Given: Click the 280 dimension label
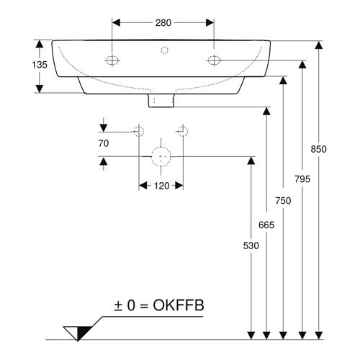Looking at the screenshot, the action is (x=163, y=23).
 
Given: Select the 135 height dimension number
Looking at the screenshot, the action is (x=40, y=65).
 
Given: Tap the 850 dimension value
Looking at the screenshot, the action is (x=318, y=149).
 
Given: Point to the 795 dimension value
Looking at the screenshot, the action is (x=302, y=179).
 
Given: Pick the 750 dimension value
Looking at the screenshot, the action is (x=283, y=200).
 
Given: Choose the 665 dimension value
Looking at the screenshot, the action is (x=266, y=225).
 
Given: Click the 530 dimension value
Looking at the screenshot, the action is (x=251, y=246).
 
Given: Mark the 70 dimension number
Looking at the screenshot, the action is (x=104, y=143).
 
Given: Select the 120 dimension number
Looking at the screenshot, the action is (x=161, y=186).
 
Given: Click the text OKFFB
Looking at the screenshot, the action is (x=179, y=305).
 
